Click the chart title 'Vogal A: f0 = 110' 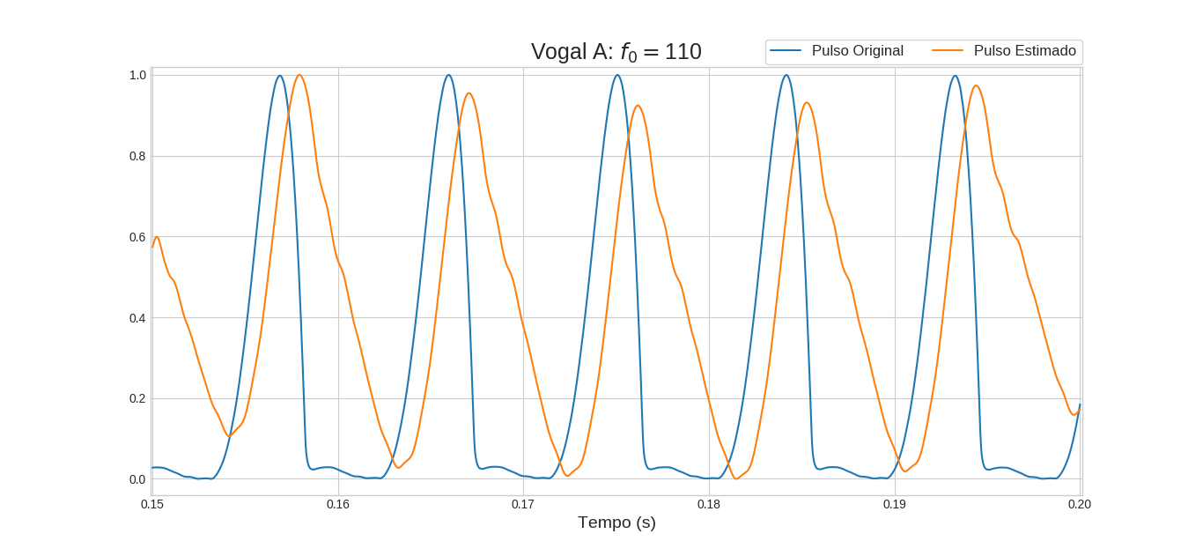(616, 52)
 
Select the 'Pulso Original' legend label (857, 51)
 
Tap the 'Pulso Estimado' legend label (1024, 51)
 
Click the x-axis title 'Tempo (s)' (616, 523)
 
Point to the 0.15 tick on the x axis (152, 504)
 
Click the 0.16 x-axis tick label (338, 504)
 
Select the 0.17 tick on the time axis (523, 504)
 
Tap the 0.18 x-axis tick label (709, 504)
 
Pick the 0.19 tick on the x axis (895, 504)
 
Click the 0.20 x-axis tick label (1080, 504)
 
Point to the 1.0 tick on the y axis (137, 75)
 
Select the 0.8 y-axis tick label (137, 156)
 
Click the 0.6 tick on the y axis (137, 237)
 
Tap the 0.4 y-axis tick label (137, 318)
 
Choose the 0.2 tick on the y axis (137, 398)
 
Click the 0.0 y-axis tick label (137, 479)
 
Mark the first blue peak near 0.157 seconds (280, 76)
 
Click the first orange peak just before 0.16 (299, 75)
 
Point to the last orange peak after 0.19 (975, 85)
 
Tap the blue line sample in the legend (785, 51)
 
